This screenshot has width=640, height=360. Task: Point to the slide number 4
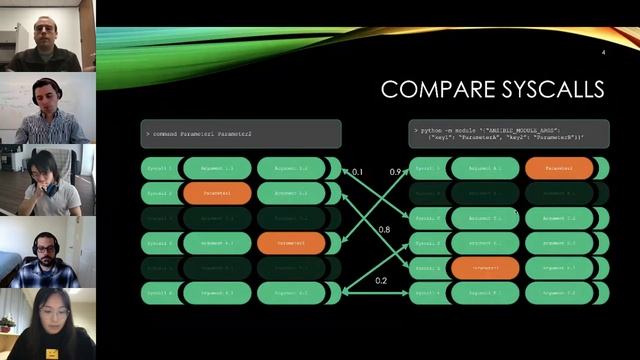click(603, 52)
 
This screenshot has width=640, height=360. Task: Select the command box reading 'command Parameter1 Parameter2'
click(241, 134)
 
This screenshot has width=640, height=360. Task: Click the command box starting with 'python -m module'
click(508, 134)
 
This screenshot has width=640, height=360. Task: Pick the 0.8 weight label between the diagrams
click(384, 230)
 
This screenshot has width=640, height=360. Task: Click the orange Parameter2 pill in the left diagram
click(290, 242)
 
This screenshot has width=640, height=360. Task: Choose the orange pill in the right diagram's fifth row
click(484, 268)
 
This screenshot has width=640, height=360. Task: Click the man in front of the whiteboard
click(44, 105)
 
